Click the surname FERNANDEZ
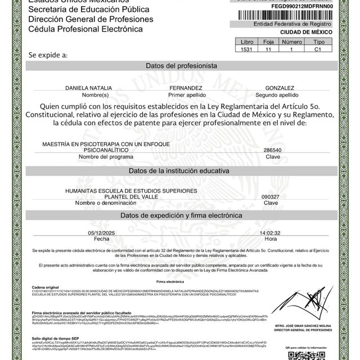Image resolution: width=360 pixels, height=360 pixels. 186,88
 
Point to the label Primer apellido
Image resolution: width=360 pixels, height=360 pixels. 185,95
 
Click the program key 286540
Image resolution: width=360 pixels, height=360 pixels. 272,151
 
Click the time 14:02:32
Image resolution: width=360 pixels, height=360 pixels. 270,232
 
